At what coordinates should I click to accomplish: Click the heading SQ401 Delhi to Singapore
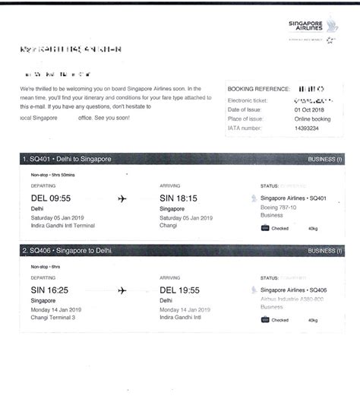(x=68, y=159)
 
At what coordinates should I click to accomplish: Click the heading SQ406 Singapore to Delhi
(x=68, y=250)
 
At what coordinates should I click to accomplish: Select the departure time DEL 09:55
(x=51, y=198)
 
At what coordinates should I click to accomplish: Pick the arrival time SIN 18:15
(x=179, y=198)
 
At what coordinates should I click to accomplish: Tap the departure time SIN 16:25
(x=51, y=290)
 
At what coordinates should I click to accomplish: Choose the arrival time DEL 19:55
(x=180, y=290)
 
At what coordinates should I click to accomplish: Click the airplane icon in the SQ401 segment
(x=122, y=199)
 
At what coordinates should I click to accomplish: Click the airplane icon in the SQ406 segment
(x=122, y=290)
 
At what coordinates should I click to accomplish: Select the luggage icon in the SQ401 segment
(x=264, y=227)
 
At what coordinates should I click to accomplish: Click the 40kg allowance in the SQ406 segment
(x=313, y=320)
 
